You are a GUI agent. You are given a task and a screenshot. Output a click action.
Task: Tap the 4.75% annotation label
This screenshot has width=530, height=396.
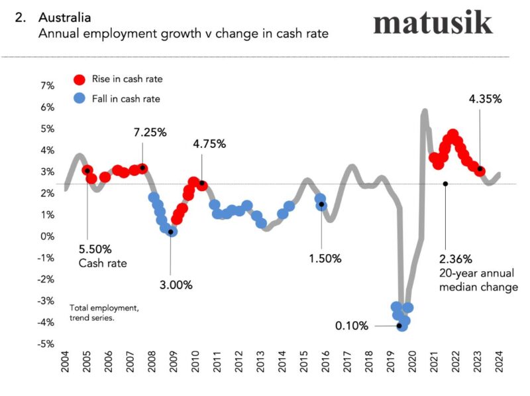[x=209, y=143]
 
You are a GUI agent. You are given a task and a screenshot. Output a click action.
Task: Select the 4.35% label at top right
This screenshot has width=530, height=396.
[x=485, y=99]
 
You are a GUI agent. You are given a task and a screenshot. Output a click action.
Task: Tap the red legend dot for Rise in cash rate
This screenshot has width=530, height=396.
[x=79, y=80]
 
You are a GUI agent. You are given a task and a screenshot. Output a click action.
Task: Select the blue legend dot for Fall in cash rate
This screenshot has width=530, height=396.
[x=79, y=99]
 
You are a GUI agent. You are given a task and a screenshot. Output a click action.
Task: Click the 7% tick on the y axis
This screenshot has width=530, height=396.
[x=47, y=86]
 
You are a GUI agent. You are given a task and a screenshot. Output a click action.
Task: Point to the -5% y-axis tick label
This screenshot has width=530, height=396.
[x=46, y=344]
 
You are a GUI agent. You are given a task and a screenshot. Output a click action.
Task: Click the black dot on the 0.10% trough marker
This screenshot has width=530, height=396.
[x=399, y=326]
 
